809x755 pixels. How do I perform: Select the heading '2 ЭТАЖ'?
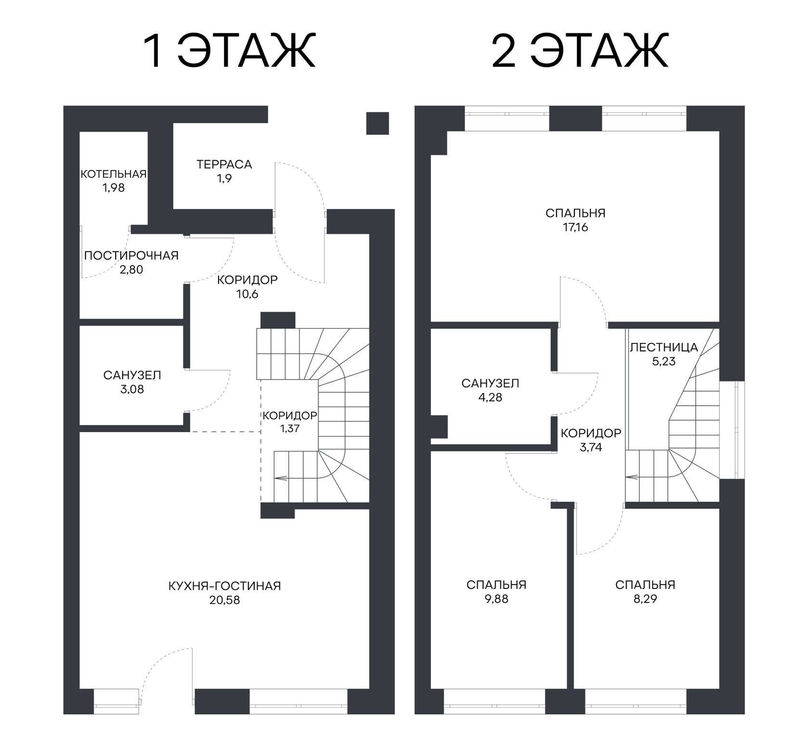pyautogui.click(x=580, y=51)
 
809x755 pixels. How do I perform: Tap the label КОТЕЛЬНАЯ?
pyautogui.click(x=113, y=174)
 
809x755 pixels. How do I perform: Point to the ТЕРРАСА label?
pyautogui.click(x=224, y=165)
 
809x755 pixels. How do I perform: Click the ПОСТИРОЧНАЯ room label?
pyautogui.click(x=131, y=256)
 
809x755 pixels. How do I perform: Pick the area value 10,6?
pyautogui.click(x=248, y=294)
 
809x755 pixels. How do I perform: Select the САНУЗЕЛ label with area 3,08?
pyautogui.click(x=132, y=375)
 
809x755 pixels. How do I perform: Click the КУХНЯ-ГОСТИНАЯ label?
pyautogui.click(x=224, y=586)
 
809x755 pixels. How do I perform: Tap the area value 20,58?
pyautogui.click(x=224, y=601)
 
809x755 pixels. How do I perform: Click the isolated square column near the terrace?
pyautogui.click(x=378, y=123)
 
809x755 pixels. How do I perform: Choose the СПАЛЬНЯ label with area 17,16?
pyautogui.click(x=575, y=213)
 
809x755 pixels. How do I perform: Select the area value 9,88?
pyautogui.click(x=496, y=599)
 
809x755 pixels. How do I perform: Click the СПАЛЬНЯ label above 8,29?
pyautogui.click(x=645, y=585)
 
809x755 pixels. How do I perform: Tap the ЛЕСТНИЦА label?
pyautogui.click(x=664, y=347)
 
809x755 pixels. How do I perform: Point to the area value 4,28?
pyautogui.click(x=490, y=398)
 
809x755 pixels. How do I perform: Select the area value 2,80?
pyautogui.click(x=131, y=270)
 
